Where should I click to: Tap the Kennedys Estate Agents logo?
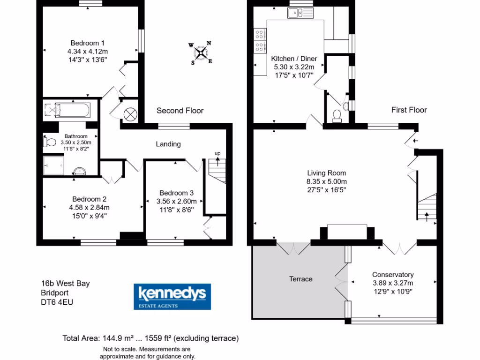click(x=172, y=296)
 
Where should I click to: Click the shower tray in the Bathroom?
click(x=53, y=165)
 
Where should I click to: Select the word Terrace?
click(x=300, y=279)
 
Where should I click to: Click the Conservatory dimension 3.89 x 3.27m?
click(x=393, y=283)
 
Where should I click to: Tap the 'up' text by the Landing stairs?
click(x=217, y=153)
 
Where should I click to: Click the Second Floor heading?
click(x=180, y=111)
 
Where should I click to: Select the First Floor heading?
click(x=409, y=110)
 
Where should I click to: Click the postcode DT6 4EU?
click(x=57, y=302)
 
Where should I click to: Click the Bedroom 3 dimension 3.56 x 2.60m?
click(x=176, y=202)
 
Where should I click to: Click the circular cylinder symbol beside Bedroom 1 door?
click(x=130, y=114)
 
